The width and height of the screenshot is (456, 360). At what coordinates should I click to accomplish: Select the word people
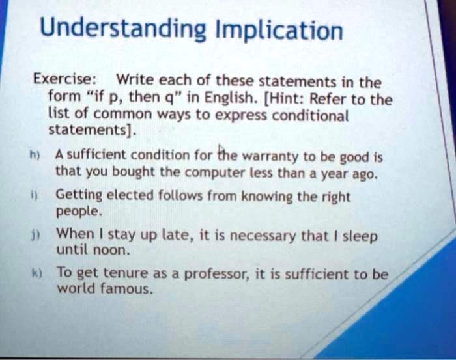tap(79, 212)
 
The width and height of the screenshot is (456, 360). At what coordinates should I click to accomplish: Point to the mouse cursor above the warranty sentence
tap(221, 148)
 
